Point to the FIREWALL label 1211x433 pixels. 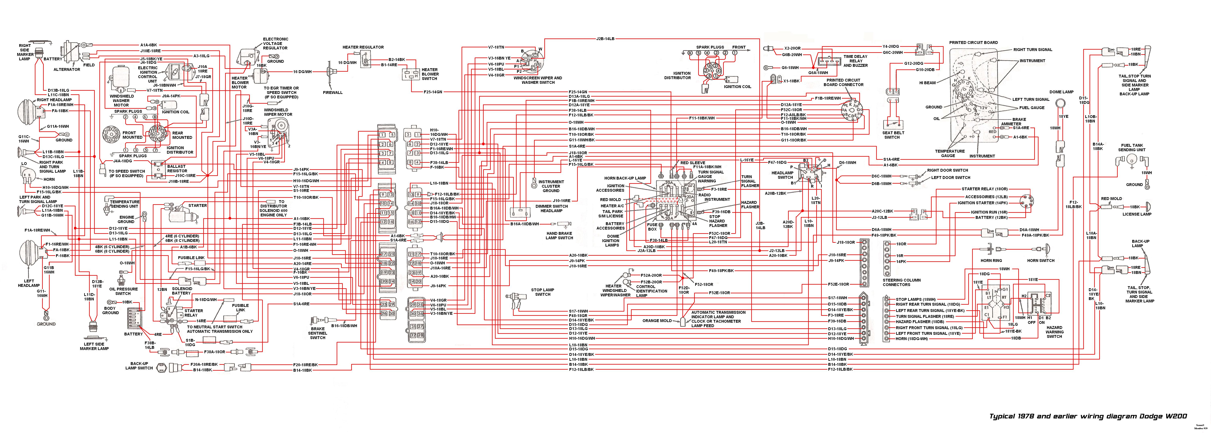coord(333,93)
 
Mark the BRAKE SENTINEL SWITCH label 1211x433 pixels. coord(318,333)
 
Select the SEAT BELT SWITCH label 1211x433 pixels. coord(892,135)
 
